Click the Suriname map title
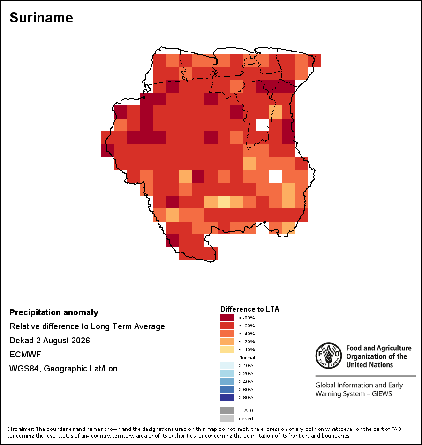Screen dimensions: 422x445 click(41, 18)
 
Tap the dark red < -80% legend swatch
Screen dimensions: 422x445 click(227, 318)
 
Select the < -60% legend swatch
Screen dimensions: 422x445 click(227, 326)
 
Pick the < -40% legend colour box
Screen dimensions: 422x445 click(227, 334)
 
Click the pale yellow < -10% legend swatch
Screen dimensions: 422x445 click(227, 349)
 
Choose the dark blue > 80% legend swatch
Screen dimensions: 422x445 click(227, 397)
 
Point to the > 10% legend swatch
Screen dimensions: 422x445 click(227, 365)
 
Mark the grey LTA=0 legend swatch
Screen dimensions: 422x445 click(227, 410)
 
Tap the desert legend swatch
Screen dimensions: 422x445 click(227, 418)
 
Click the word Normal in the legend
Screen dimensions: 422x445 click(247, 357)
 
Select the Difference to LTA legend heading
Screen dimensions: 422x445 click(249, 309)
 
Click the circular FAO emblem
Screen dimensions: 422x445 click(329, 356)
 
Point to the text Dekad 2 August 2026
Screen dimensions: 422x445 click(49, 341)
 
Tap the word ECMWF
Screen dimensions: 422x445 click(25, 355)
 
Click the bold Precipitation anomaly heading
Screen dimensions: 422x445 click(54, 312)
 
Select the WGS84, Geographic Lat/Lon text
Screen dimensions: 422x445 click(63, 369)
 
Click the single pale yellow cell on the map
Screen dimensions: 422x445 click(224, 202)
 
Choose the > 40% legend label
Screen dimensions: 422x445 click(246, 381)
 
